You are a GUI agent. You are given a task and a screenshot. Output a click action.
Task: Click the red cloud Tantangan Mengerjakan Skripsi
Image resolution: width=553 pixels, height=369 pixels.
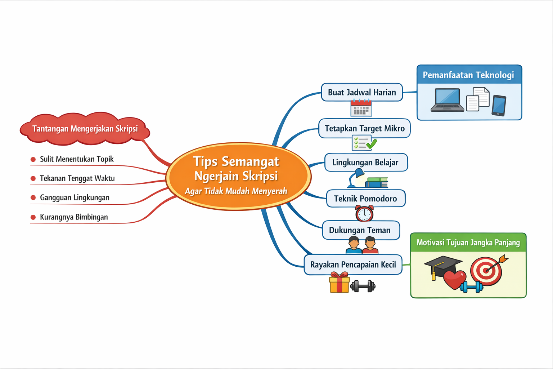[85, 129]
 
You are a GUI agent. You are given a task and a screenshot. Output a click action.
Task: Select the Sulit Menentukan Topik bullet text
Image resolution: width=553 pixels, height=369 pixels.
[77, 159]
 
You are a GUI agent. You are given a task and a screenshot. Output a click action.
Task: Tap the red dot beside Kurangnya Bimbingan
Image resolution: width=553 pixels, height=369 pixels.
[33, 217]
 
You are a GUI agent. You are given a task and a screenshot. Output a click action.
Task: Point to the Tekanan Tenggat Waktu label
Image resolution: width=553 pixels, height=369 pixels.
[77, 178]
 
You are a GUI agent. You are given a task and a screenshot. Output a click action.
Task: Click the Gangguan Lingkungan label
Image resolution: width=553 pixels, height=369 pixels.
[75, 198]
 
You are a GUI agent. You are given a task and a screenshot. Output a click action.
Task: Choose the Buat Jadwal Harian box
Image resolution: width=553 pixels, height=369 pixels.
[362, 92]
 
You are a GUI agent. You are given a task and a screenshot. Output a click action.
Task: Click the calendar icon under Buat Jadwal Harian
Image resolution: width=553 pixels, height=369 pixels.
[361, 108]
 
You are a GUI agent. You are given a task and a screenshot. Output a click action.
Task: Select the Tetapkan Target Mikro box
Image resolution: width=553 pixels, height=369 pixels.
[364, 128]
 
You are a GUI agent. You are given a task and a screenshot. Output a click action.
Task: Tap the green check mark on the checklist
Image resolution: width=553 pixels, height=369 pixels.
[372, 145]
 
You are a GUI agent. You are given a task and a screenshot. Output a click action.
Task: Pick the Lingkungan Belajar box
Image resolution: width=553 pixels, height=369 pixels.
[366, 163]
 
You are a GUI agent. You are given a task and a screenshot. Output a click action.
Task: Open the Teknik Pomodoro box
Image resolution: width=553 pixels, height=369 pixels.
[365, 199]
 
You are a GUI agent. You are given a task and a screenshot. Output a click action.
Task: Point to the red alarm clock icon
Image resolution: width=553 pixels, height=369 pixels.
[364, 213]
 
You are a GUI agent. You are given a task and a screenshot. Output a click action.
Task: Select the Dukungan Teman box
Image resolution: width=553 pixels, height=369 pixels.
[360, 230]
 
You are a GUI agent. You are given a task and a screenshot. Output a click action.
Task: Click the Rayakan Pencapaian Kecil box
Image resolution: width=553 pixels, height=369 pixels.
[353, 265]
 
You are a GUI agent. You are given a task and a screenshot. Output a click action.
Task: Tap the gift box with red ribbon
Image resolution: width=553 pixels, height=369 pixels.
[340, 283]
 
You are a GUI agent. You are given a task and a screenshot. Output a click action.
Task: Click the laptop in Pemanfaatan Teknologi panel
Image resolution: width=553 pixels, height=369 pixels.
[447, 100]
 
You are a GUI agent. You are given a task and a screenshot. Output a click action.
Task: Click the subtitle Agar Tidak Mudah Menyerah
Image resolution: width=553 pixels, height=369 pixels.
[236, 191]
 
